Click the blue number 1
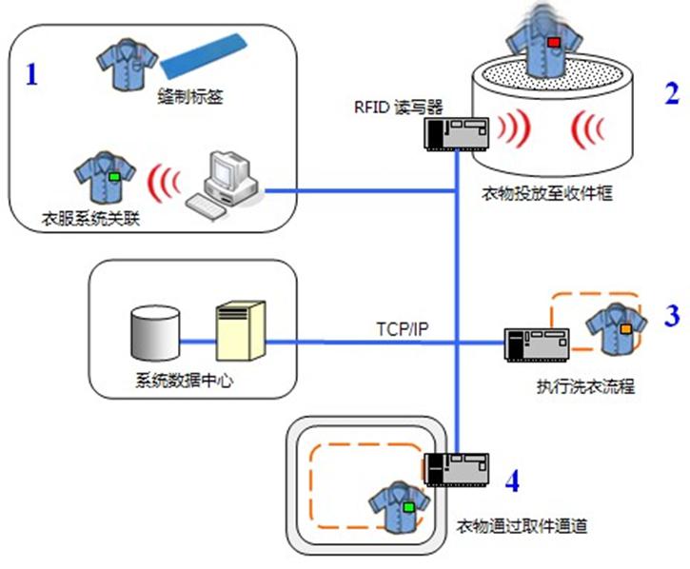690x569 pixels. [x=31, y=75]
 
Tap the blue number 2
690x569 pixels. [x=673, y=92]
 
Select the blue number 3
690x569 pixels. [x=673, y=316]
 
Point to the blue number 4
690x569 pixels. [x=512, y=481]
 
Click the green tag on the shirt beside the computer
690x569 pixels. [x=114, y=176]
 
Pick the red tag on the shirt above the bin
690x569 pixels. [x=553, y=43]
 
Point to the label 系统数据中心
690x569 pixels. [x=179, y=383]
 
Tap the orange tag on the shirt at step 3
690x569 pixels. [x=626, y=328]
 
